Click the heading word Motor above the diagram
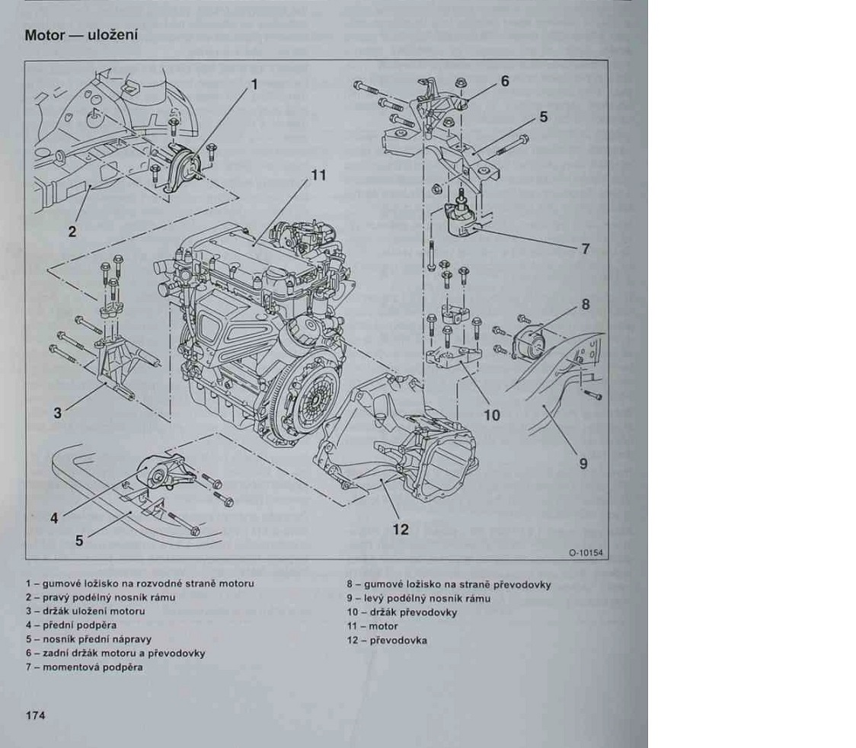43,36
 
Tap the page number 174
36,714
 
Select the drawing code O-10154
584,554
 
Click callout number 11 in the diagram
318,175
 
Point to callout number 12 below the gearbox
401,529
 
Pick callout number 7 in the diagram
586,248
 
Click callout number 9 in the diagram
583,462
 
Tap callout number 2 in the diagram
72,232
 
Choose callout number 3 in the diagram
57,414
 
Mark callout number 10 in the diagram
491,415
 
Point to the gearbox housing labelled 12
426,449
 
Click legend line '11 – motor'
372,626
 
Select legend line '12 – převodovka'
386,640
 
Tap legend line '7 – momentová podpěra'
84,667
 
